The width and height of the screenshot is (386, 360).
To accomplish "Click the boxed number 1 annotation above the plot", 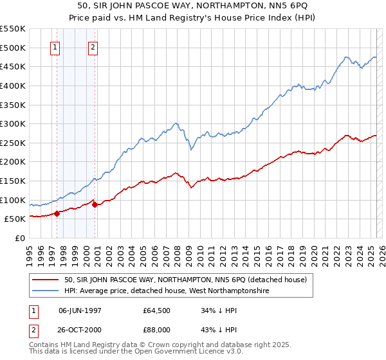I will coord(55,46).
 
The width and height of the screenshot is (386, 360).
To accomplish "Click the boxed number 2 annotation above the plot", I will coord(93,46).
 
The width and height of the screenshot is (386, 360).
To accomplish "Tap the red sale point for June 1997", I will coord(57,213).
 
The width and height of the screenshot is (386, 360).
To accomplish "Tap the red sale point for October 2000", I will coord(95,204).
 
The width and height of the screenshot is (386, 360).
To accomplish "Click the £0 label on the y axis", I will coord(21,238).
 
